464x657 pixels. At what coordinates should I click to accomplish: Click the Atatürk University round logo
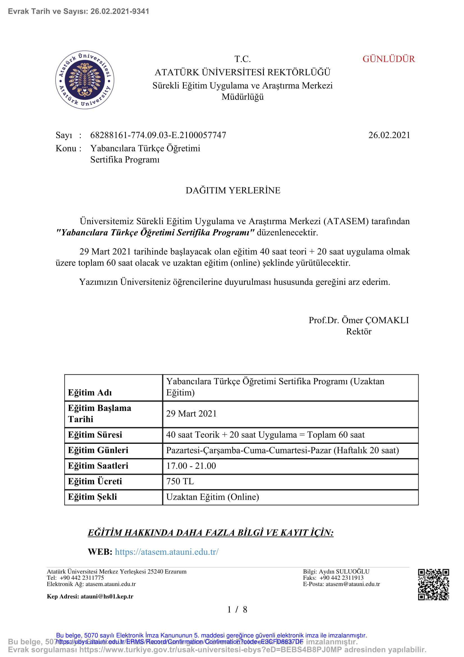point(84,80)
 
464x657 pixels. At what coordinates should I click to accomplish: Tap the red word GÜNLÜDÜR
point(388,59)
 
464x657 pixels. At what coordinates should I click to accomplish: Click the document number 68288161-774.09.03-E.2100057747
point(158,135)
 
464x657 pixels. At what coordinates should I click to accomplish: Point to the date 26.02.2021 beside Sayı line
point(389,135)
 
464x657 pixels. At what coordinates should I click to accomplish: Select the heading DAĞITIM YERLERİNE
point(233,190)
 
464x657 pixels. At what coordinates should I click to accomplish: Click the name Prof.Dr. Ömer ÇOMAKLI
point(358,320)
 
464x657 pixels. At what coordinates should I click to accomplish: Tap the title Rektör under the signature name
point(358,331)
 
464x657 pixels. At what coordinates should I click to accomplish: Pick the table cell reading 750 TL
point(180,481)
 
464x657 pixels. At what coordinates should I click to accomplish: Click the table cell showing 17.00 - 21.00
point(191,466)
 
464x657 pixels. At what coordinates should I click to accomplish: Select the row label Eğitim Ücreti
point(95,481)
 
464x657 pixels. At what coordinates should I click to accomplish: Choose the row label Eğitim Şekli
point(92,497)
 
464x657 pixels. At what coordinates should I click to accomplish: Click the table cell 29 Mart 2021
point(191,414)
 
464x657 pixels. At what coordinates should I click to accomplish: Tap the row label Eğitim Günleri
point(98,450)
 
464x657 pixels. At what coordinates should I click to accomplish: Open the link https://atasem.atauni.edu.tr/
point(167,552)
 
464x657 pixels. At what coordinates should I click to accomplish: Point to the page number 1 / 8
point(237,610)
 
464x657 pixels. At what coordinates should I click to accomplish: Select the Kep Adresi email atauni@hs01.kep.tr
point(107,596)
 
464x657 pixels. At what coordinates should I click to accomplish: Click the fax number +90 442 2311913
point(341,578)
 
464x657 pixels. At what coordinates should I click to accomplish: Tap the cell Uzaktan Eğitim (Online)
point(212,497)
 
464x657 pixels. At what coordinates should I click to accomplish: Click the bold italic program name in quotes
point(155,232)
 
